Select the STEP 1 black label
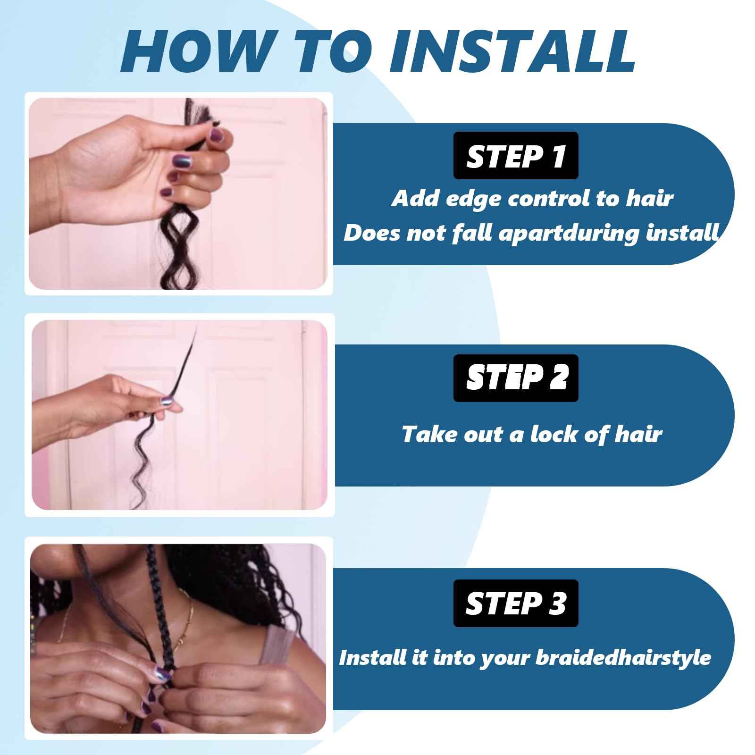click(x=516, y=156)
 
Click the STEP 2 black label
click(x=516, y=378)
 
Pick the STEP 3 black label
click(x=516, y=603)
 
